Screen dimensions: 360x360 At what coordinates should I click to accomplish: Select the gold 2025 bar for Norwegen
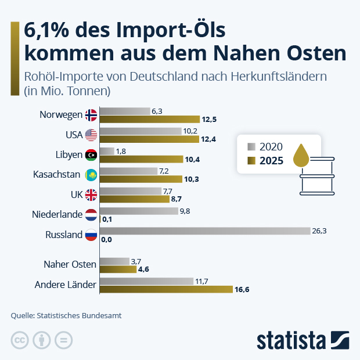click(x=150, y=119)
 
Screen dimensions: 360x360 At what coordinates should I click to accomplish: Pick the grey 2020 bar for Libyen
click(x=107, y=151)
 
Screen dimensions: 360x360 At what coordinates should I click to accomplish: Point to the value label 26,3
click(x=320, y=231)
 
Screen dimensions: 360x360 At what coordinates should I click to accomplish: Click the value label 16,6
click(x=243, y=289)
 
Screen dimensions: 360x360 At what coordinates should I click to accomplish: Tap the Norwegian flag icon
click(x=91, y=114)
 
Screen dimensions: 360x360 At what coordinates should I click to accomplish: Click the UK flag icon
click(x=91, y=195)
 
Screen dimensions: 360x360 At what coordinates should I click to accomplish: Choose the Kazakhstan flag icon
click(x=91, y=174)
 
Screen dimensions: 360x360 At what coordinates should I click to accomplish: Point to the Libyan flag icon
click(x=91, y=154)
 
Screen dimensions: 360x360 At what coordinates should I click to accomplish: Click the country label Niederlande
click(x=57, y=215)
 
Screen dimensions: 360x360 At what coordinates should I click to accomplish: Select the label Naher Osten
click(x=70, y=264)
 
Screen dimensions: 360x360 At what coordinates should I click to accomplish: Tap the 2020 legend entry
click(x=266, y=146)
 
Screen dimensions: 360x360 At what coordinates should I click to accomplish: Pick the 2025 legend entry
click(x=266, y=161)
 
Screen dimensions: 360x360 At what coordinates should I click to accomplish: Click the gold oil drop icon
click(x=301, y=155)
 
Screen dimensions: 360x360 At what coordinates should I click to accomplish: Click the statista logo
click(x=302, y=340)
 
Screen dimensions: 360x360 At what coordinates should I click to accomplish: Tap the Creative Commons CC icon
click(x=20, y=341)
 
